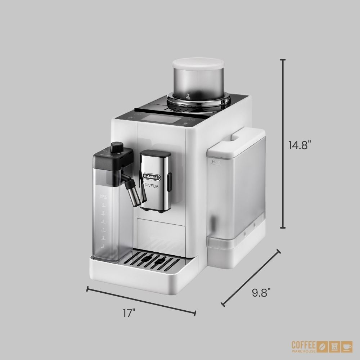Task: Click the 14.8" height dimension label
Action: pos(300,145)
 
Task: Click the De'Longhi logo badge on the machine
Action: pos(154,176)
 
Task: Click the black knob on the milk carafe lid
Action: pos(116,148)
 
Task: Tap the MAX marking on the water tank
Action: pos(216,162)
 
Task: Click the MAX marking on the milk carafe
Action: pos(103,197)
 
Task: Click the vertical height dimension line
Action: pos(283,144)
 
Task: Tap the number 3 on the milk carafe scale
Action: pos(103,229)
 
